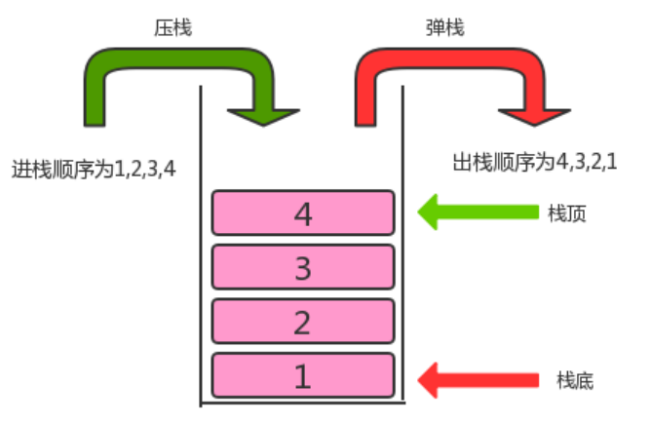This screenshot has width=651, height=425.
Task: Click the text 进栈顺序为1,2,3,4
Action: pos(94,169)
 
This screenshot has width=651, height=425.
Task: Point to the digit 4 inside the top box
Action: pos(303,213)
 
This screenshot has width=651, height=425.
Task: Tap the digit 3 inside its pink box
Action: pos(303,267)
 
